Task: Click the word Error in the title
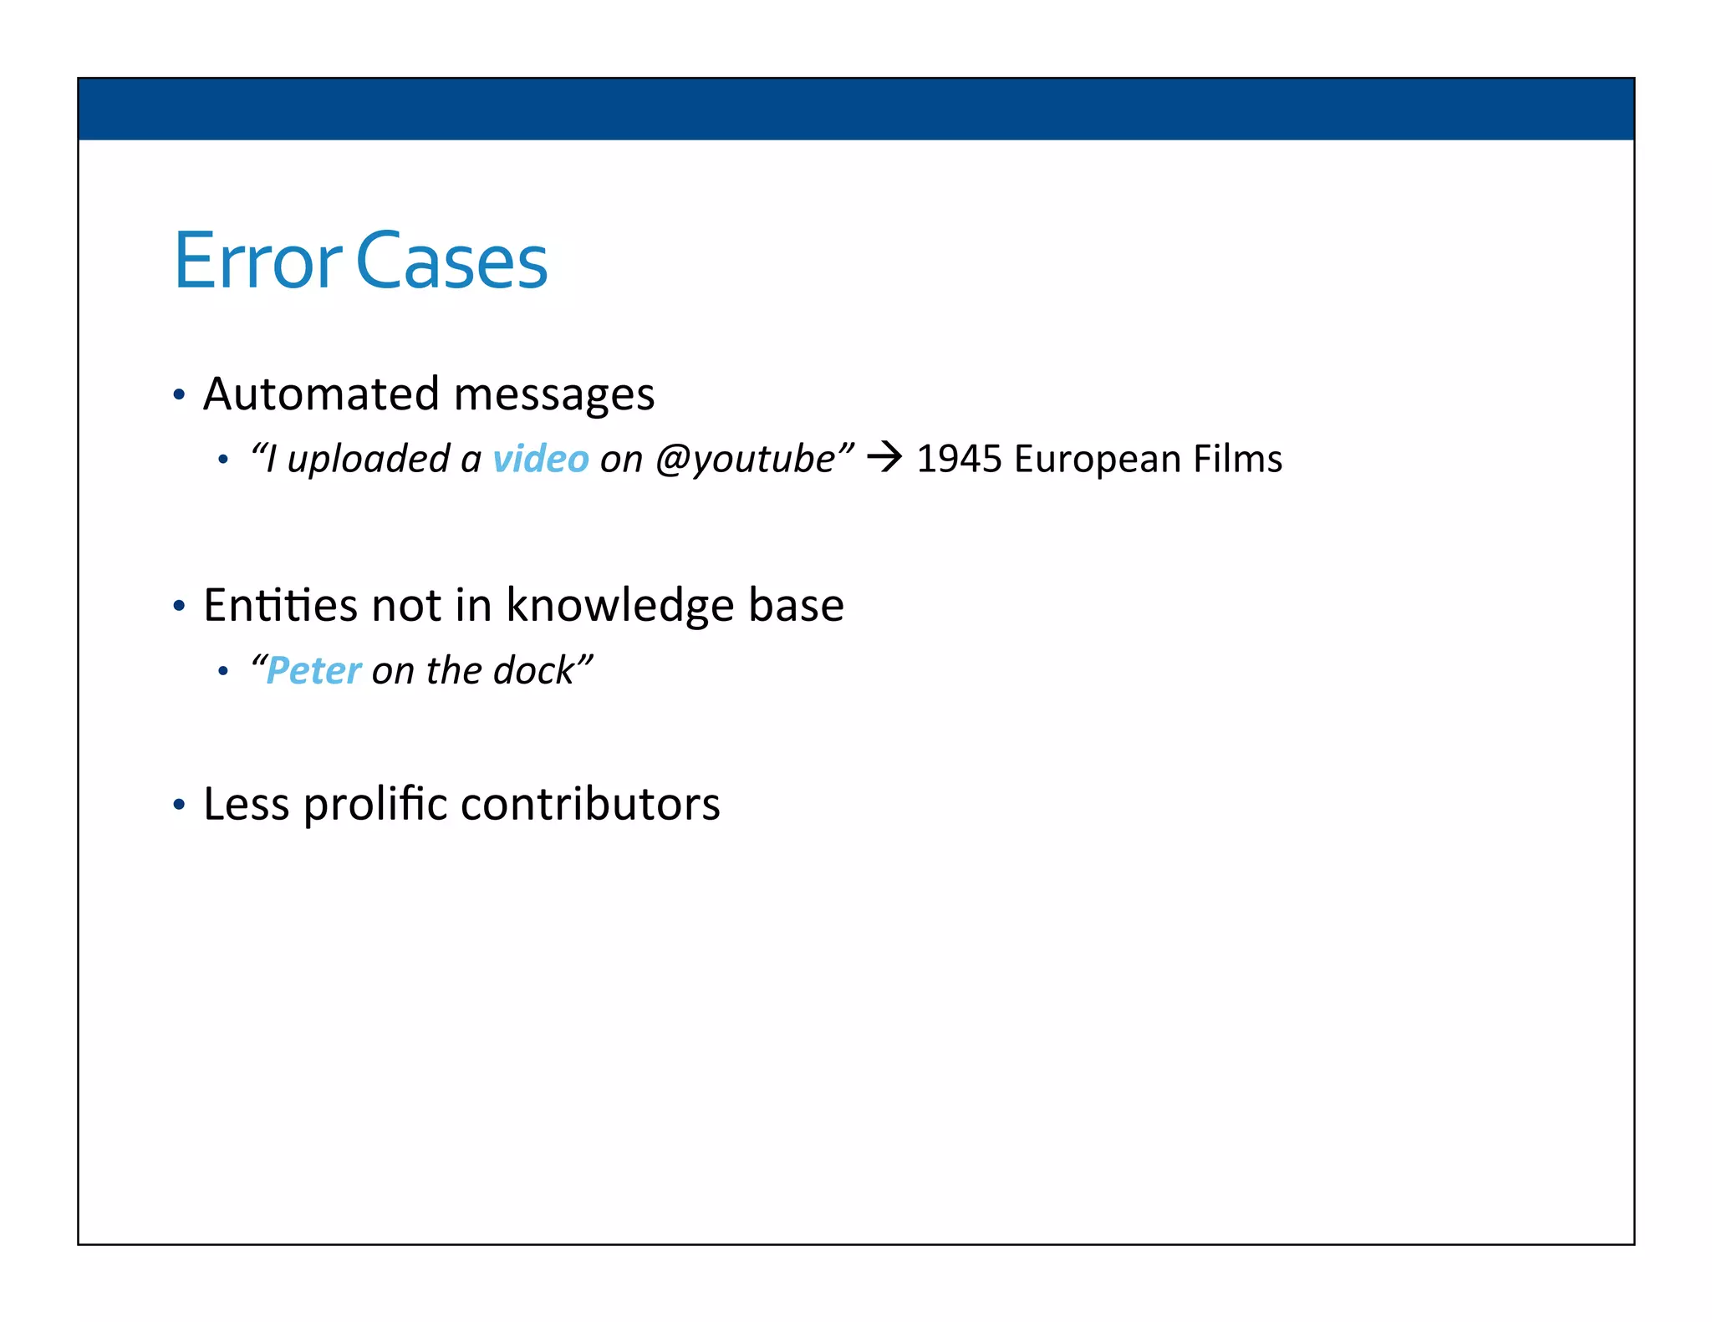[x=257, y=262]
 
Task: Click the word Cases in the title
[x=451, y=262]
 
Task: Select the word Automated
[x=321, y=394]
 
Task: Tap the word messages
[x=553, y=395]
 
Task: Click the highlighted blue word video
[x=541, y=459]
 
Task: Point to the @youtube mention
[x=745, y=459]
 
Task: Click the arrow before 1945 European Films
[x=884, y=457]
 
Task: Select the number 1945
[x=959, y=459]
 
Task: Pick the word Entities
[x=280, y=604]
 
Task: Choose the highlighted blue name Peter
[x=313, y=670]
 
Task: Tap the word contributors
[x=589, y=804]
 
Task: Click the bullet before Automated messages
[x=178, y=394]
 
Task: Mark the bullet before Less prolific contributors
[x=178, y=805]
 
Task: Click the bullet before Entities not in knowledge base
[x=178, y=605]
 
